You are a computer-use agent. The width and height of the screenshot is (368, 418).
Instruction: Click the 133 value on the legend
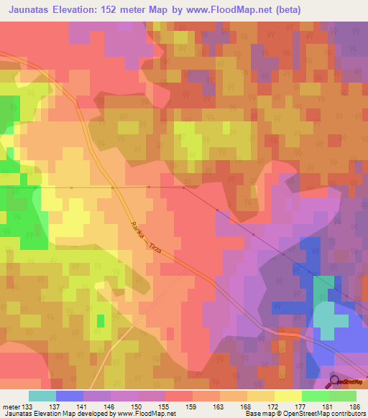pos(28,406)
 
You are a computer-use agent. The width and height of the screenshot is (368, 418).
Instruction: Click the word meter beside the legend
pos(11,406)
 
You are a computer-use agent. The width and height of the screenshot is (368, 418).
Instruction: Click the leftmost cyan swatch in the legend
pos(42,396)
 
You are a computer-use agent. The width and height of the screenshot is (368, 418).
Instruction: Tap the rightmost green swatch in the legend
pos(342,396)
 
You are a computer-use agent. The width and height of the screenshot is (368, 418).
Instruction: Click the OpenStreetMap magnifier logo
pos(335,381)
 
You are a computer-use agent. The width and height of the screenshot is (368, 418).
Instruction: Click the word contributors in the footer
pos(346,414)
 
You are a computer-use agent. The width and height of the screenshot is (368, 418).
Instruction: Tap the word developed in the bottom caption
pos(91,414)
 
